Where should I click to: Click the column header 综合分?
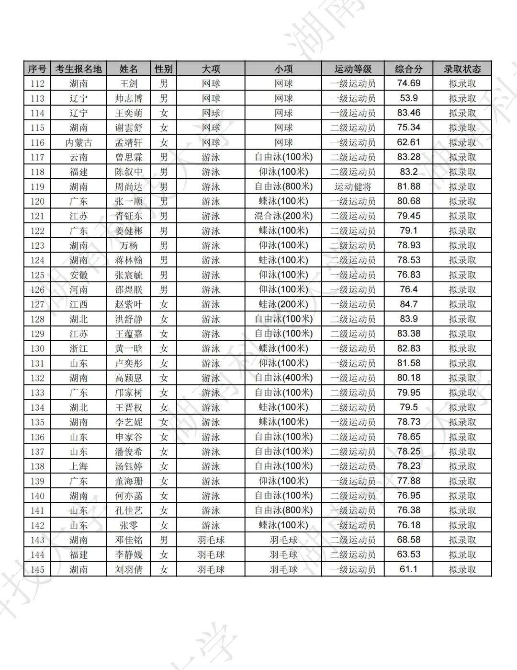pos(408,69)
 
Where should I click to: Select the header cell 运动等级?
pos(353,69)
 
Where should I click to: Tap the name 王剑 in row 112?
pos(128,83)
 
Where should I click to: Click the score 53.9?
pos(408,98)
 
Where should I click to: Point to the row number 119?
pos(37,186)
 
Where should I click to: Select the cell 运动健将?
pos(353,186)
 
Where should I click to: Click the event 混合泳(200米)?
pos(283,216)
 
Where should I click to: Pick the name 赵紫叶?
pos(128,304)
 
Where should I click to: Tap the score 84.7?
pos(408,304)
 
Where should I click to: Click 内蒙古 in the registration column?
pos(79,142)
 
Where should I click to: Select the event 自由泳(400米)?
pos(283,378)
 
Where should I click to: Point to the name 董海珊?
pos(128,481)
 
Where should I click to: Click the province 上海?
pos(79,466)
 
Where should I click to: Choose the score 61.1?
pos(408,569)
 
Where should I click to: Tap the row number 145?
pos(37,569)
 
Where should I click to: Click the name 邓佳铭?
pos(128,540)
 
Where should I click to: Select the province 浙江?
pos(79,348)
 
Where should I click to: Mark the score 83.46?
pos(408,113)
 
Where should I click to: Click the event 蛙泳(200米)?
pos(283,304)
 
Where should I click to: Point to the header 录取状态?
pos(462,69)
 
